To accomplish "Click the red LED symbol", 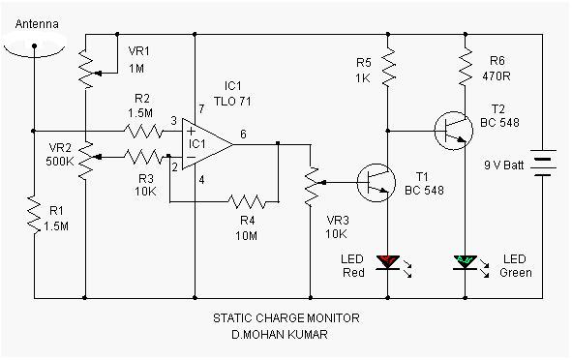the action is pyautogui.click(x=388, y=262).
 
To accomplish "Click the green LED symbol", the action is pyautogui.click(x=466, y=262).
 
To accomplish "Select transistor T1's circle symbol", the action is pyautogui.click(x=376, y=182).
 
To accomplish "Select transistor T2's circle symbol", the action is pyautogui.click(x=454, y=131).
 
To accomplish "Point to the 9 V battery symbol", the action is pyautogui.click(x=543, y=163).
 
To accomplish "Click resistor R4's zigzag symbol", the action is pyautogui.click(x=247, y=201).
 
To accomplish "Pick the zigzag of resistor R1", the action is pyautogui.click(x=34, y=215).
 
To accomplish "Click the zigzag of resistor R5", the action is pyautogui.click(x=388, y=67).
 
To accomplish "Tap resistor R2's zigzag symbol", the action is pyautogui.click(x=143, y=131).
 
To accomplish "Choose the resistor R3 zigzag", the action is pyautogui.click(x=143, y=157).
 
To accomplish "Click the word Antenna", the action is pyautogui.click(x=37, y=24).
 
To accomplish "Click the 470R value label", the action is pyautogui.click(x=497, y=76).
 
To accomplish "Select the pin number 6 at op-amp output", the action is pyautogui.click(x=243, y=135).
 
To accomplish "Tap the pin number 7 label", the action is pyautogui.click(x=201, y=108).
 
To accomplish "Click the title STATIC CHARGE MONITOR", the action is pyautogui.click(x=286, y=318).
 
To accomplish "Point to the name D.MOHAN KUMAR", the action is pyautogui.click(x=280, y=335).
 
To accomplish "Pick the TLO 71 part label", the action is pyautogui.click(x=232, y=102).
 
